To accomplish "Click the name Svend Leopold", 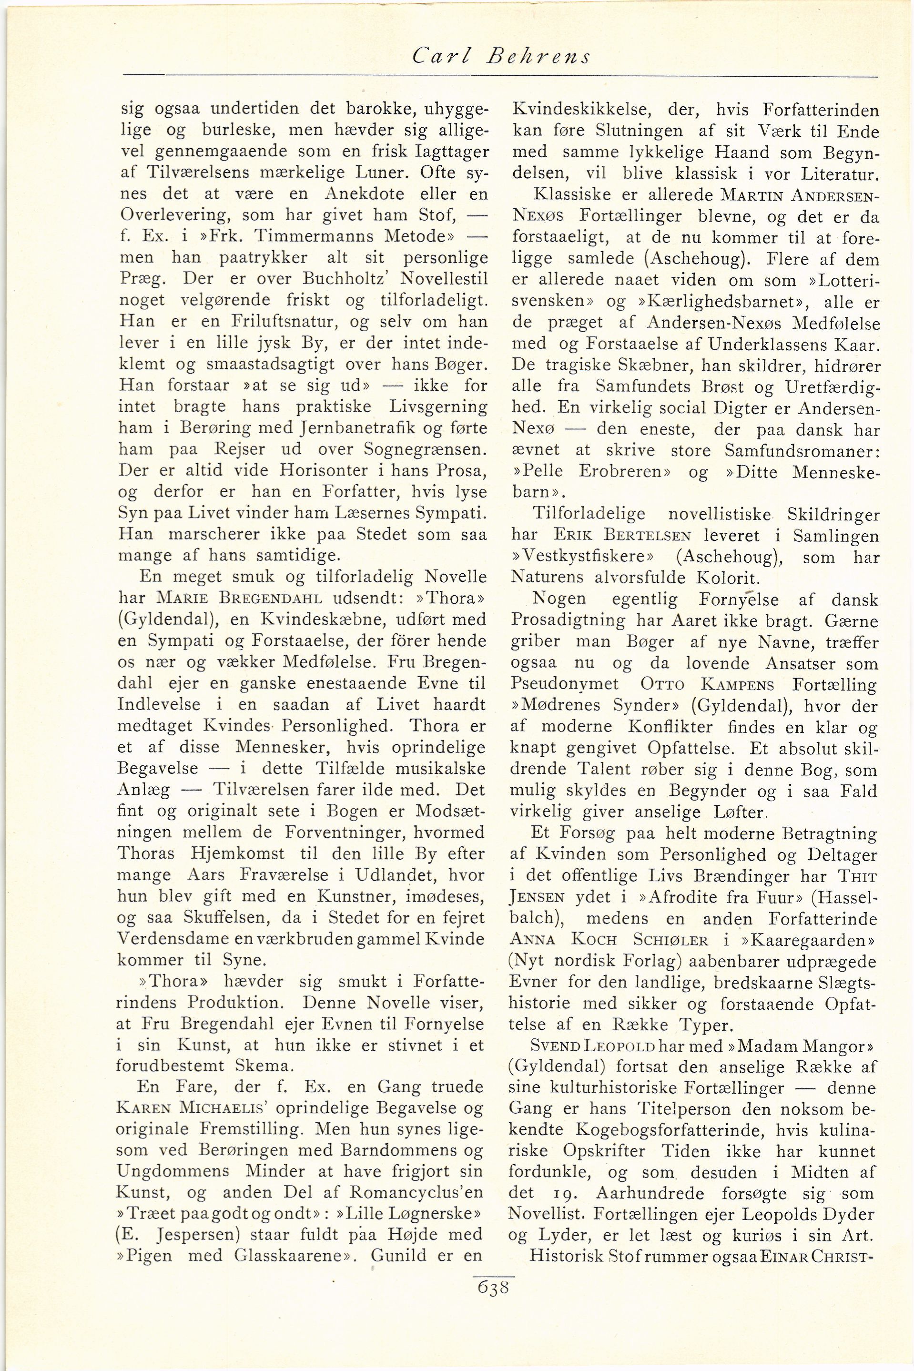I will coord(593,1046).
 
